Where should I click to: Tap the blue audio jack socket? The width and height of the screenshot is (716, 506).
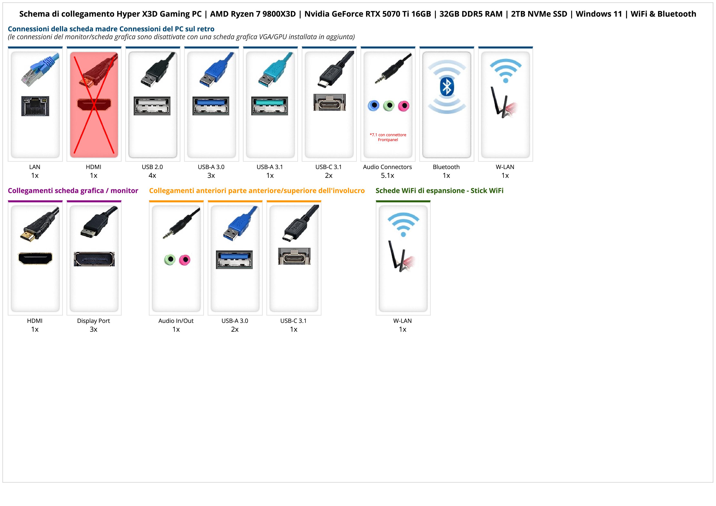click(x=374, y=106)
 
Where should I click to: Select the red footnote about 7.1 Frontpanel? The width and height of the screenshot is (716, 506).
click(x=388, y=137)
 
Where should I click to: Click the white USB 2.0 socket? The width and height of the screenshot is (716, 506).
click(x=152, y=106)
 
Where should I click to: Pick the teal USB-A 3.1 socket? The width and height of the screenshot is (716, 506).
click(x=269, y=106)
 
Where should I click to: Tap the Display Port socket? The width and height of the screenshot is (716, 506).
click(x=94, y=259)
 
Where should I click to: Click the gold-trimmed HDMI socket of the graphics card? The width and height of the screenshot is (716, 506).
click(x=35, y=258)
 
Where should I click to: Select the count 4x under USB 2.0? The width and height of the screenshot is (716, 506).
click(x=152, y=176)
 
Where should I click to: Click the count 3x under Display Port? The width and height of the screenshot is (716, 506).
click(x=93, y=329)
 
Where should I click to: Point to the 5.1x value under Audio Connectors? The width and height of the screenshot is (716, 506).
click(x=387, y=176)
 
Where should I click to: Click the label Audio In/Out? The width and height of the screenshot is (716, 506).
click(x=176, y=320)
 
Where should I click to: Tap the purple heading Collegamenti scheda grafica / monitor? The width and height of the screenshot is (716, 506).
click(x=73, y=190)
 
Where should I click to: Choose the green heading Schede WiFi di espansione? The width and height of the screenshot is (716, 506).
click(x=439, y=190)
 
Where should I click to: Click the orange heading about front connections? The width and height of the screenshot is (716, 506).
click(x=257, y=190)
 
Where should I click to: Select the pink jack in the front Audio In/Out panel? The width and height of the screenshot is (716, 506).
click(x=185, y=259)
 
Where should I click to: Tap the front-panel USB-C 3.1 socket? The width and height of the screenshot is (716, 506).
click(x=294, y=256)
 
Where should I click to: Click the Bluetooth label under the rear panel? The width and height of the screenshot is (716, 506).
click(x=446, y=167)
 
